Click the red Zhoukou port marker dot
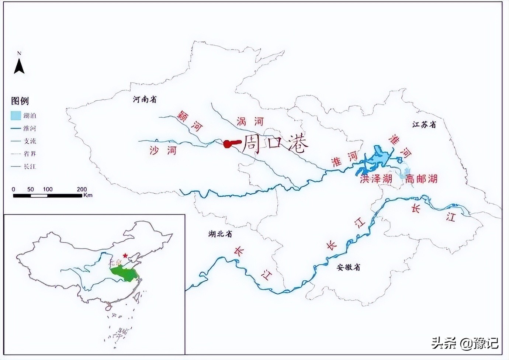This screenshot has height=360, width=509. [x=228, y=144]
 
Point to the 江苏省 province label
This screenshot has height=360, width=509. [x=424, y=125]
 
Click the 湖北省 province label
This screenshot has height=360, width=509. [x=220, y=234]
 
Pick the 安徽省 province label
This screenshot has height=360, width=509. [x=349, y=267]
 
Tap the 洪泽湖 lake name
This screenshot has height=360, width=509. [x=376, y=179]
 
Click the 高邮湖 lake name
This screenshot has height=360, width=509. [x=421, y=179]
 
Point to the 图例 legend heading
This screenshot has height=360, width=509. [x=20, y=101]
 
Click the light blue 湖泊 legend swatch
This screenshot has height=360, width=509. [x=15, y=116]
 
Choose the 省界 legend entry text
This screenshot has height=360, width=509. [x=30, y=154]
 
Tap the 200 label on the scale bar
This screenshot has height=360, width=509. [x=82, y=189]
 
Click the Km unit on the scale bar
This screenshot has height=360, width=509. [x=88, y=195]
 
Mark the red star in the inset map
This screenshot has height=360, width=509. [x=125, y=255]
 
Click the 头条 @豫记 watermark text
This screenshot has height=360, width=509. [x=465, y=343]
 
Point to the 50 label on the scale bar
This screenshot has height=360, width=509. [x=30, y=189]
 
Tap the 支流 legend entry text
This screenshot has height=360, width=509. [x=30, y=141]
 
